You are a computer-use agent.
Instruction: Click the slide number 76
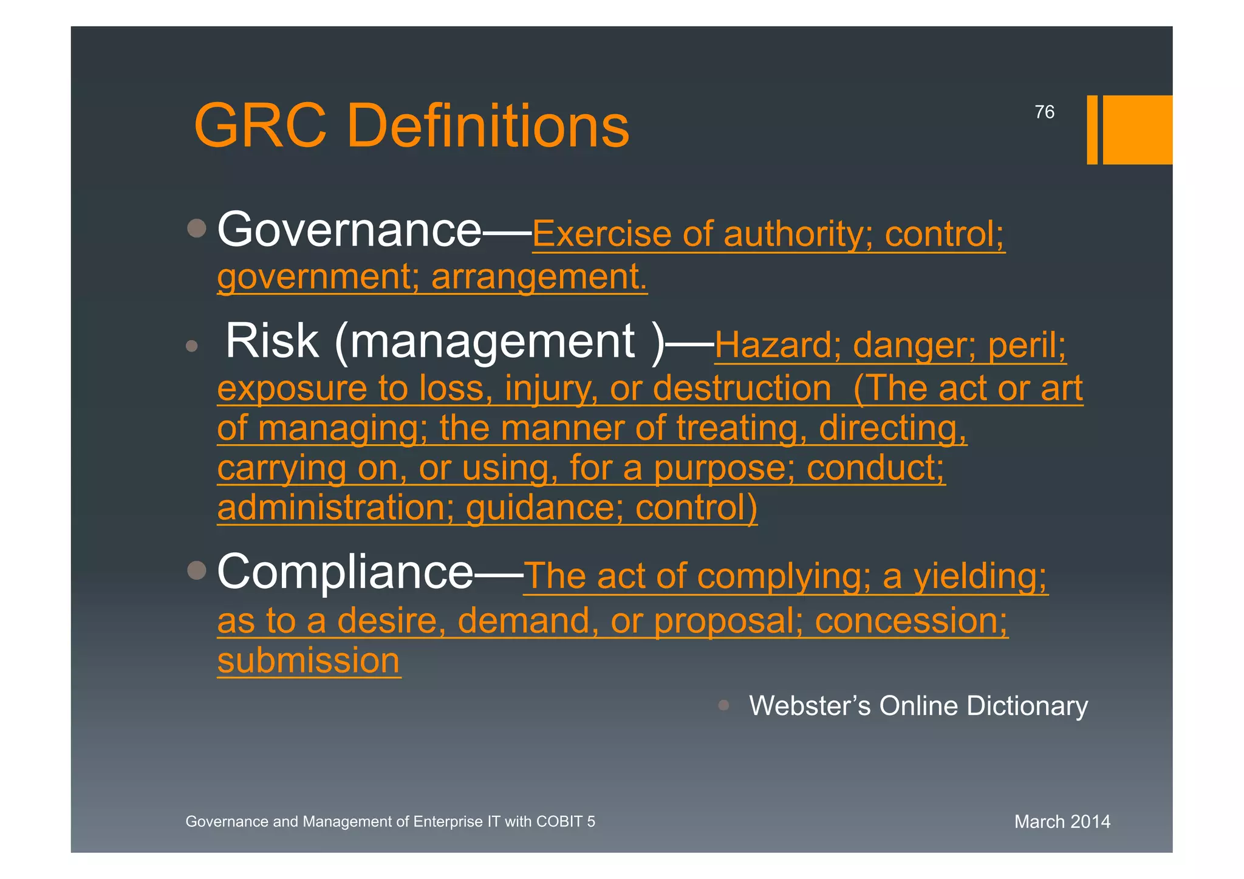[1044, 112]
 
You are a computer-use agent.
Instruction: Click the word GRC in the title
[260, 126]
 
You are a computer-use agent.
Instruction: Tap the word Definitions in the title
[488, 126]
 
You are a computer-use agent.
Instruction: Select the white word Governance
[349, 230]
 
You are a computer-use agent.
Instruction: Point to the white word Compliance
[345, 572]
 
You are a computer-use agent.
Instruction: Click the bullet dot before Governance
[197, 228]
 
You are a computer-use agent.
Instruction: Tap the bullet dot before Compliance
[197, 570]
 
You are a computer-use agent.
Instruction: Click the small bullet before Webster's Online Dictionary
[723, 705]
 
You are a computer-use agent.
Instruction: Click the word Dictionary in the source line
[1027, 706]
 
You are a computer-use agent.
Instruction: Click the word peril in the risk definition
[1027, 346]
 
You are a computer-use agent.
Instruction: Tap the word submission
[309, 660]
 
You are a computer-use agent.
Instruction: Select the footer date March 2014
[1062, 822]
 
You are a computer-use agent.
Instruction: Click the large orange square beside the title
[1137, 129]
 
